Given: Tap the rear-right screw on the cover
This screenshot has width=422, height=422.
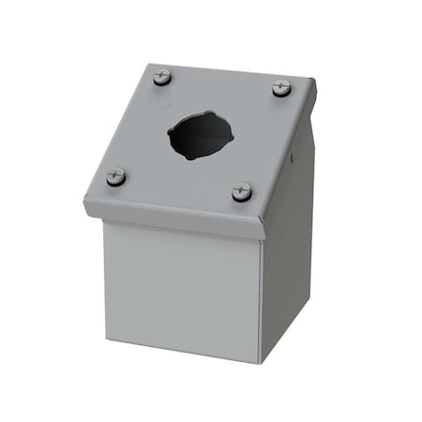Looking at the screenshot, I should click(281, 88).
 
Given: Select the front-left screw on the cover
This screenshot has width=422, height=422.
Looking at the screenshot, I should click(116, 175).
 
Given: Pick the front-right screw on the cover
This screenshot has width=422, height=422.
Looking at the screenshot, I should click(242, 191).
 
